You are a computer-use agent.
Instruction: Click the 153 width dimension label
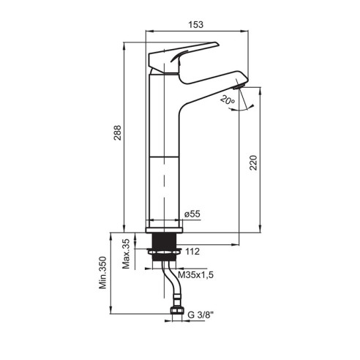pyautogui.click(x=196, y=25)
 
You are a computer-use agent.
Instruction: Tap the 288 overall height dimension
pyautogui.click(x=118, y=132)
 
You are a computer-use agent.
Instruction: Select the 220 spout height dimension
pyautogui.click(x=253, y=162)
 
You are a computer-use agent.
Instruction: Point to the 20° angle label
pyautogui.click(x=228, y=100)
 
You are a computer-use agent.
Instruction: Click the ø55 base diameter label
pyautogui.click(x=192, y=214)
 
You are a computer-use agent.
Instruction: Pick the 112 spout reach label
pyautogui.click(x=192, y=252)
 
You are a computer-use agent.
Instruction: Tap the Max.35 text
pyautogui.click(x=126, y=254)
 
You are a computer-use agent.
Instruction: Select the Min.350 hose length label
pyautogui.click(x=102, y=272)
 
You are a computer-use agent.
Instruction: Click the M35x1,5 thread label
pyautogui.click(x=195, y=275)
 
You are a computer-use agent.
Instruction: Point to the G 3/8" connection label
pyautogui.click(x=200, y=315)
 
